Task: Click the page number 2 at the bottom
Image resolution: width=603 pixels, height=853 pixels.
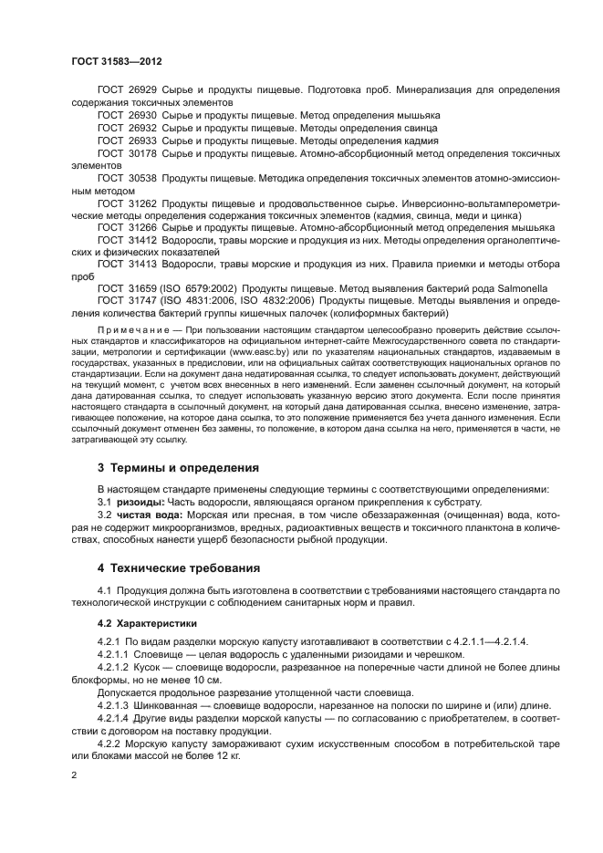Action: [75, 775]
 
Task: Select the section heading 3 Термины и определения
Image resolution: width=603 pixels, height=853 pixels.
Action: [179, 467]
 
